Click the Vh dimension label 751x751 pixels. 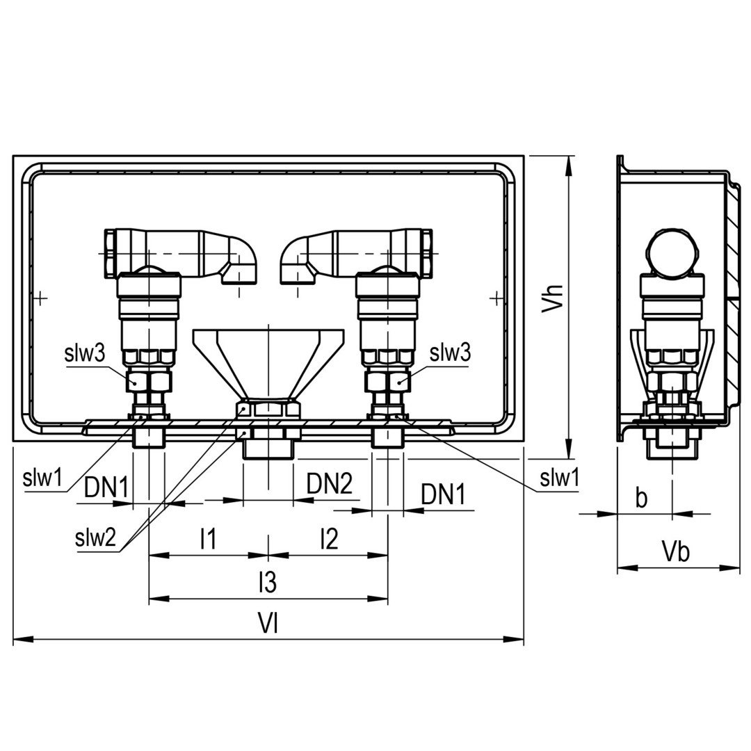point(553,299)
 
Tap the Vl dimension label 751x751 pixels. point(268,624)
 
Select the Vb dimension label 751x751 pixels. point(677,551)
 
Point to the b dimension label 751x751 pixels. point(641,498)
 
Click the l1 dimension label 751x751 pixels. point(208,539)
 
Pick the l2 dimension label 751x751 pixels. point(329,539)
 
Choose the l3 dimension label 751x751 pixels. point(268,583)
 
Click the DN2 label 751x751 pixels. point(330,483)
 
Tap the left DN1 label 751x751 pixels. point(106,488)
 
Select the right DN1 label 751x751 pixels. point(443,495)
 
